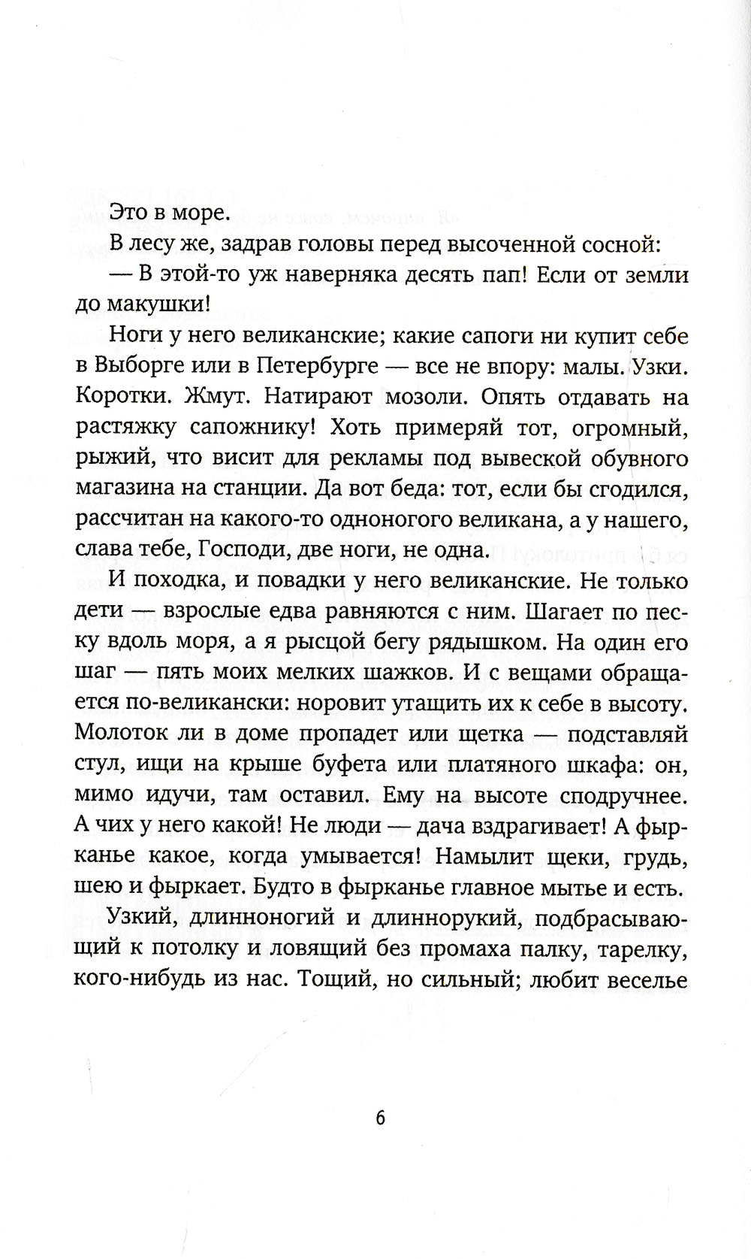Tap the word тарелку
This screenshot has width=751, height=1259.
pyautogui.click(x=639, y=952)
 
